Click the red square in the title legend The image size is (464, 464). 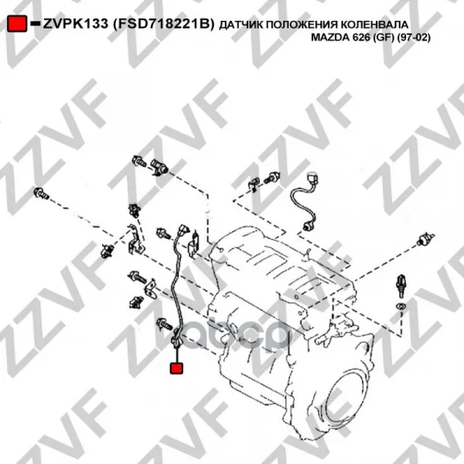17,23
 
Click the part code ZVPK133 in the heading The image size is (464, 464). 76,24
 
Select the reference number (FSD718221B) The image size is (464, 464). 164,24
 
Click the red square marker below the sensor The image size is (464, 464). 176,368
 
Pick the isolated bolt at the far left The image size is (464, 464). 42,193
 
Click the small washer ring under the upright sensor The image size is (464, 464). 401,305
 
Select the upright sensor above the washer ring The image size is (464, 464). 401,286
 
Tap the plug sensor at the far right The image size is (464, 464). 425,239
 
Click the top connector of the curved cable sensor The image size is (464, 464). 314,179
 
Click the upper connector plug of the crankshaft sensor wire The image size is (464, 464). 184,230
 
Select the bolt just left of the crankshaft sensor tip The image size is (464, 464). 164,324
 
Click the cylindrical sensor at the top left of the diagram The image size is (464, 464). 159,166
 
